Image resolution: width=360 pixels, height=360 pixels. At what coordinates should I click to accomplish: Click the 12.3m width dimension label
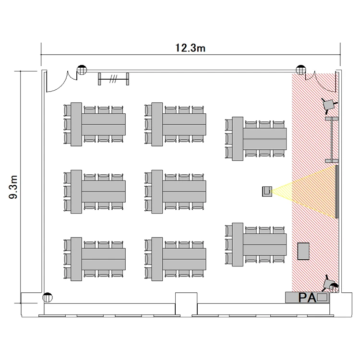coord(190,48)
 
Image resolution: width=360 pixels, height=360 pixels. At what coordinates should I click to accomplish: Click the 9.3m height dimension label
coord(13,187)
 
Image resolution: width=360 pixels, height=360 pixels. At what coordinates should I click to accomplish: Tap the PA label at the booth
coord(307,298)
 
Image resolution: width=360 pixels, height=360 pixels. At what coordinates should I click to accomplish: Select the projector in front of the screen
coord(267,191)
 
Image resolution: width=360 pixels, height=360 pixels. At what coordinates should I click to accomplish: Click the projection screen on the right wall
coord(336,192)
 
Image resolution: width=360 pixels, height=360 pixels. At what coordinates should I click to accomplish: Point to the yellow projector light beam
coord(303,192)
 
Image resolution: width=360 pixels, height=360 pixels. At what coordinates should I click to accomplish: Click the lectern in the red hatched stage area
coord(303,251)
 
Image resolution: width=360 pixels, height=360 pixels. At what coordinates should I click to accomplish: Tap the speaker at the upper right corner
coord(329,105)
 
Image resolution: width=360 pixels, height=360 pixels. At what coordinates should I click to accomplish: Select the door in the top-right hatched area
coord(322,84)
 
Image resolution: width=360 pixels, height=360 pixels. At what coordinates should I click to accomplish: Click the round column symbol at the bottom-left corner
coord(48,298)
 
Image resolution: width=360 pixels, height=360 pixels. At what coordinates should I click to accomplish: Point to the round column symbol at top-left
coord(82,70)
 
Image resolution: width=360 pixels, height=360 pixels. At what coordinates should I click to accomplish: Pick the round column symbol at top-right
coord(301,70)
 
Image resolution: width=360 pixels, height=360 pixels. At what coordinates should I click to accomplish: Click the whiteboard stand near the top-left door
coord(113,79)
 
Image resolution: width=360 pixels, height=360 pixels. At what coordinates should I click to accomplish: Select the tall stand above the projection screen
coord(332,140)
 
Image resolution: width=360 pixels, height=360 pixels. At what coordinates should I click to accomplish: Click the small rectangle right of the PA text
coord(322,297)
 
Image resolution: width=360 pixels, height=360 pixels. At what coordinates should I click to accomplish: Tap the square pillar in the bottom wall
coord(186,303)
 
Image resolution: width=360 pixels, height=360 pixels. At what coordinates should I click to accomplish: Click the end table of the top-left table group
coord(76,124)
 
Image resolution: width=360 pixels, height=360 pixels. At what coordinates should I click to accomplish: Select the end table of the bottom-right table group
coord(238,244)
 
